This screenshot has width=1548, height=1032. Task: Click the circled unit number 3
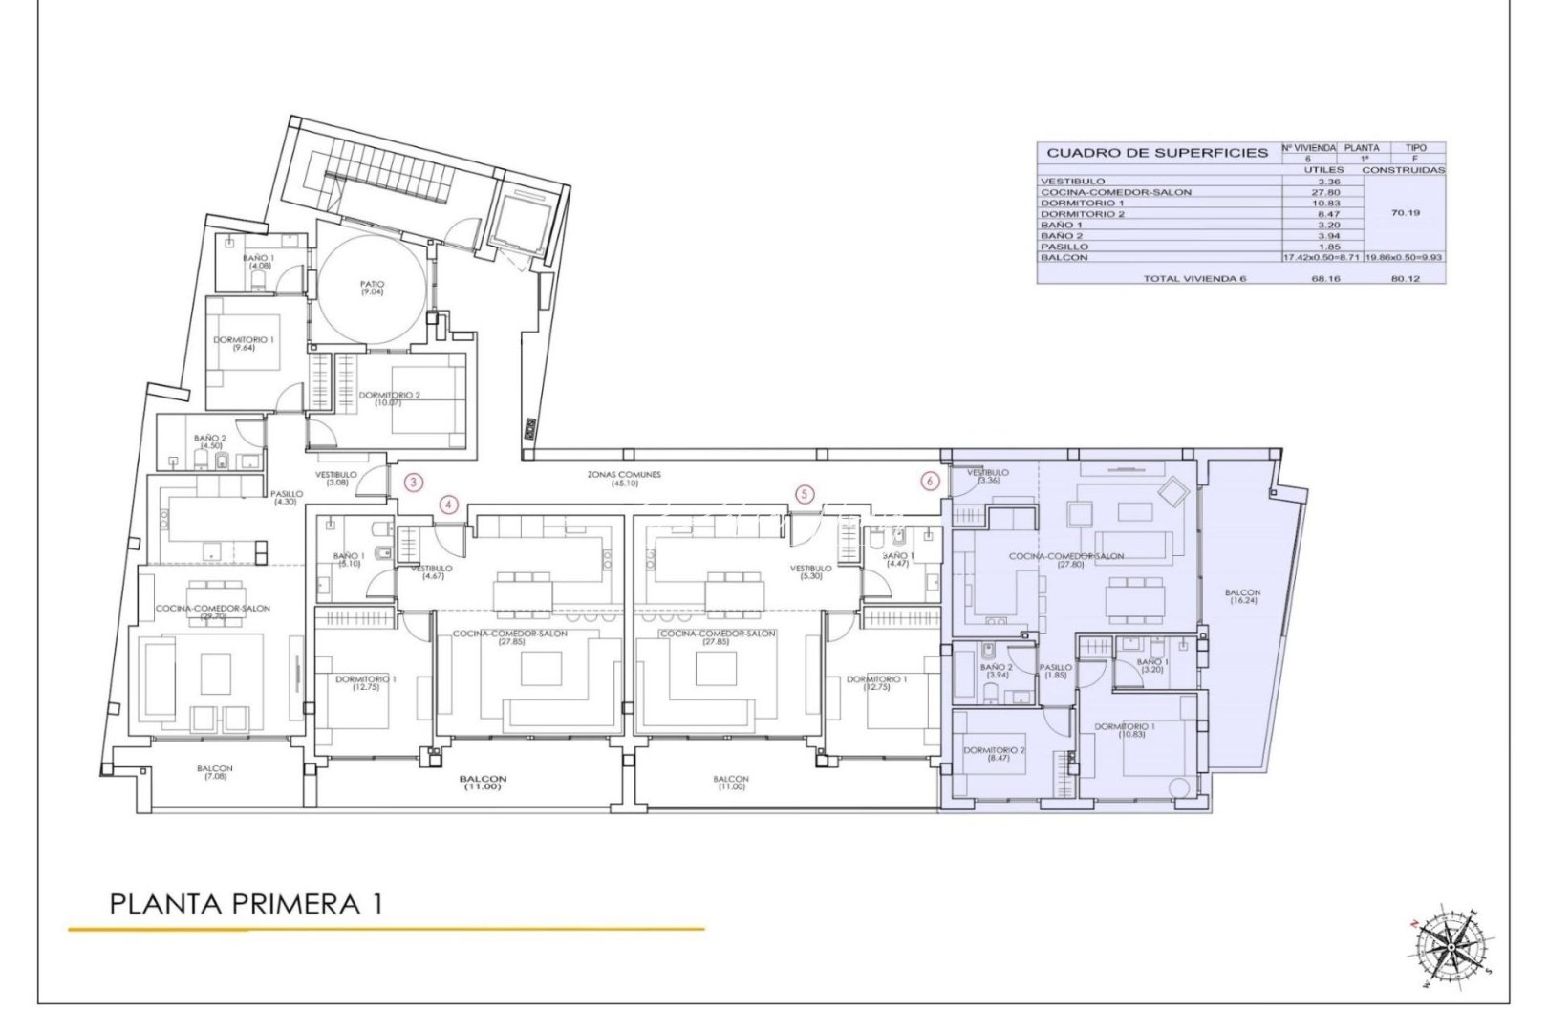coord(413,483)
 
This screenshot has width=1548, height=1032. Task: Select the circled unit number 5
coord(806,494)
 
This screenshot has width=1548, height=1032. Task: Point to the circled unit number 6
coord(932,482)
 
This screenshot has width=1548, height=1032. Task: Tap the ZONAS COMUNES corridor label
coord(624,478)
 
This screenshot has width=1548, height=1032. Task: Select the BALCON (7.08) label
coord(215,772)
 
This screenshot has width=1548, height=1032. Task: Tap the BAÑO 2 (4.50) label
coord(208,441)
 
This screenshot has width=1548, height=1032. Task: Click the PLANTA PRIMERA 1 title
coord(246,904)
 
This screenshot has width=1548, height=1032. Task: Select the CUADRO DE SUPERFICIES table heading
coord(1156,153)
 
